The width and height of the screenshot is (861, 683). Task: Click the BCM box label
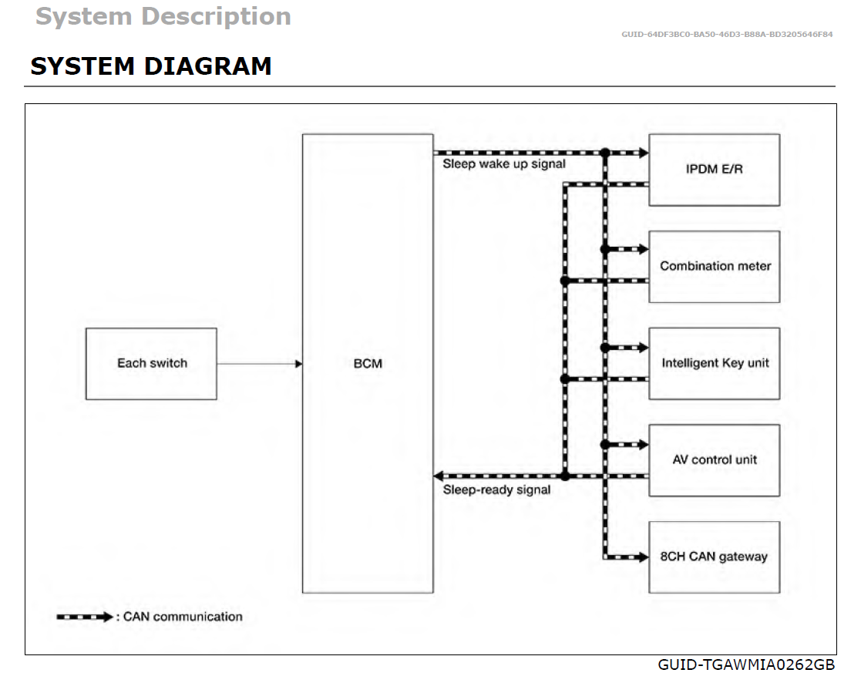click(x=368, y=363)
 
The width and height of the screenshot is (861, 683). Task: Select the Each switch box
click(x=151, y=364)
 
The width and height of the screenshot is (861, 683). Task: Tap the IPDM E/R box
click(x=714, y=170)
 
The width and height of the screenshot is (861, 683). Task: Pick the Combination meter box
click(x=714, y=267)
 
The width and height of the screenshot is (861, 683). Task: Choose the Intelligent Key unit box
click(x=714, y=363)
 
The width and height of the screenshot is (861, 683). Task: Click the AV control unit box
click(x=714, y=460)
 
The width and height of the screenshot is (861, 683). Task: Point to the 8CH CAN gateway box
click(x=714, y=557)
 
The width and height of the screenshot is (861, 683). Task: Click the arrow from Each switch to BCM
click(x=259, y=364)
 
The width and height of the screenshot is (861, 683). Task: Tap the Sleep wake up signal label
click(x=503, y=164)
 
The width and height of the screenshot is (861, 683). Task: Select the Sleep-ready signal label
click(x=496, y=490)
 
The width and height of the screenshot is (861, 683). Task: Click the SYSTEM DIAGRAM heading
click(x=151, y=66)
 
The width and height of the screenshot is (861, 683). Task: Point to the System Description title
click(x=163, y=16)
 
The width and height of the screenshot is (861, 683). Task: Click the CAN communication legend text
click(x=183, y=617)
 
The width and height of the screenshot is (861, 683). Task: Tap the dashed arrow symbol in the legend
click(x=86, y=617)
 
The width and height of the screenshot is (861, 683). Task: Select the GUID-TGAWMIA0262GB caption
click(x=745, y=664)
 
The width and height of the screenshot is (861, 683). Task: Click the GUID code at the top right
click(x=726, y=35)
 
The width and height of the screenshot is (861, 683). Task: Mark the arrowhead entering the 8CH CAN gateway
click(x=641, y=557)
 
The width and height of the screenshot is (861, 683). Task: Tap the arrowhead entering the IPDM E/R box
click(x=641, y=153)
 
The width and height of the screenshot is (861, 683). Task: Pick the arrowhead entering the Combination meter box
click(x=641, y=249)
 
